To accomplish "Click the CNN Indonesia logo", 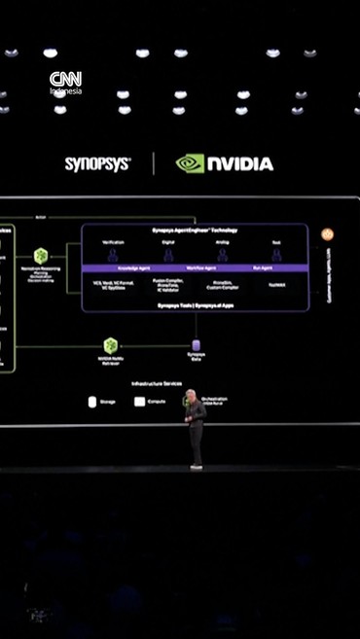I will [66, 83].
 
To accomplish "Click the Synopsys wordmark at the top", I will [97, 164].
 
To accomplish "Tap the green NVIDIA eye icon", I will [190, 163].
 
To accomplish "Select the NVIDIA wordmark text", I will [239, 164].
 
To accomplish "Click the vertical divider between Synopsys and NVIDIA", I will [153, 163].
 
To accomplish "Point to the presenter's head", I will [193, 395].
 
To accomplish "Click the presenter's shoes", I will [197, 466].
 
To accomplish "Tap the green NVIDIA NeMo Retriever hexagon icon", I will [111, 345].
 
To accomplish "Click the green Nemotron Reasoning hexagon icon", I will [41, 255].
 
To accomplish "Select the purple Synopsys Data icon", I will [196, 345].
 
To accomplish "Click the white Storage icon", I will [92, 401].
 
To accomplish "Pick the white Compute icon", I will [139, 401].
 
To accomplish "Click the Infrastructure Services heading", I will [157, 383].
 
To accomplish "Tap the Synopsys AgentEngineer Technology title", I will [195, 231].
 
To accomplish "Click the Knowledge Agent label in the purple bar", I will [114, 267].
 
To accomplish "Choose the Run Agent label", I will [264, 267].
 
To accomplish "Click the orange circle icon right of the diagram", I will [327, 234].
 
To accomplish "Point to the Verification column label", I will [114, 241].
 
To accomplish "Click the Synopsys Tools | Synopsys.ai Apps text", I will [195, 305].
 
